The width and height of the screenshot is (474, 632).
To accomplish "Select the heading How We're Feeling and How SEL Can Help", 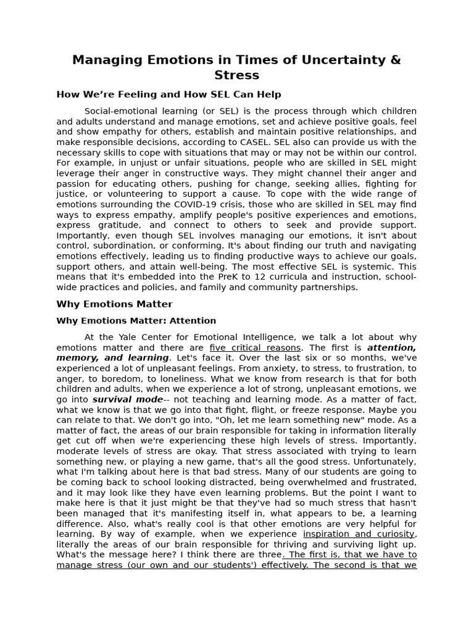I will tap(168, 94).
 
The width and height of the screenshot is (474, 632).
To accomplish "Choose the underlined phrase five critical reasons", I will tap(255, 347).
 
